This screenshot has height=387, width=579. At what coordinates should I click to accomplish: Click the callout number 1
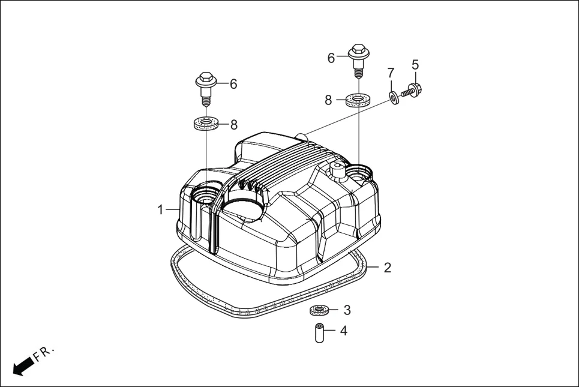(160, 209)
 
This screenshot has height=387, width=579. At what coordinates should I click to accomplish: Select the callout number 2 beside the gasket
(388, 268)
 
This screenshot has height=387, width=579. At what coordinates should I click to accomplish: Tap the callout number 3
(347, 310)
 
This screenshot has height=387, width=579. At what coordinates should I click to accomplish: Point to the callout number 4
(344, 330)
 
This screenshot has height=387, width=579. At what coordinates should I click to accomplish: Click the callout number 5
(415, 64)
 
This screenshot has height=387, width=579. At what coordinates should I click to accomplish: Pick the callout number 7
(391, 73)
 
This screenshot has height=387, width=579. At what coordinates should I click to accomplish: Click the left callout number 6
(233, 84)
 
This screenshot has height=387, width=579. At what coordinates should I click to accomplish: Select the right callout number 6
(331, 58)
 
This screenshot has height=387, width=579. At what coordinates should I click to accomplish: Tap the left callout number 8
(234, 125)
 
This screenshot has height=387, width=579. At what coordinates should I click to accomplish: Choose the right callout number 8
(328, 100)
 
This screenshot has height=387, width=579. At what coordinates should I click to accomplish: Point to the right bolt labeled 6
(358, 58)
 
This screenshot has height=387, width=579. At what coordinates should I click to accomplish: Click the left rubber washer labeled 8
(205, 125)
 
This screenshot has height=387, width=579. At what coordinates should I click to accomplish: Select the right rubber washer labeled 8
(358, 99)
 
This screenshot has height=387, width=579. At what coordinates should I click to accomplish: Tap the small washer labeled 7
(394, 97)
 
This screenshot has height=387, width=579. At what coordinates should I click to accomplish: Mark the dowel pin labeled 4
(320, 332)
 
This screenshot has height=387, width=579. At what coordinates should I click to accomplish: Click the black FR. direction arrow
(23, 365)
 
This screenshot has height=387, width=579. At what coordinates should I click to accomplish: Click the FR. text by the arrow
(44, 353)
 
